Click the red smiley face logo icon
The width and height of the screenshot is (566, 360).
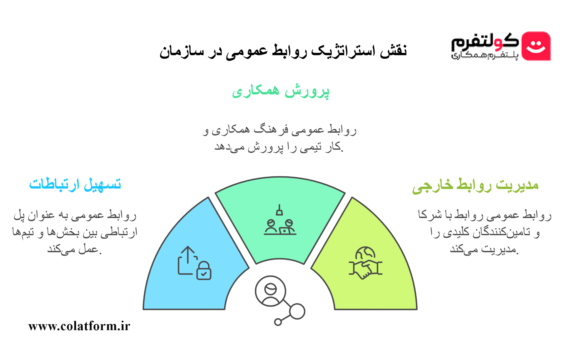[536, 46]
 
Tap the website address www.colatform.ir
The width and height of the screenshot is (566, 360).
[79, 326]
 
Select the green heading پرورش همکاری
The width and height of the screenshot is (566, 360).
[281, 91]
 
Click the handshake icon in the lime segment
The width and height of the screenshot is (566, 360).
[366, 269]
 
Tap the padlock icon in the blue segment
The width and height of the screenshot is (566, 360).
[204, 270]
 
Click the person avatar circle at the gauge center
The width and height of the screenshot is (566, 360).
[270, 291]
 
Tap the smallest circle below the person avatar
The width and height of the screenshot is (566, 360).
[278, 322]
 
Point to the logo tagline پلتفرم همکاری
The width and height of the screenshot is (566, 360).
[485, 55]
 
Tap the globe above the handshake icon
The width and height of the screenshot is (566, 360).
[365, 253]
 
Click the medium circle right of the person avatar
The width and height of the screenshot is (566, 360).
[297, 311]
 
